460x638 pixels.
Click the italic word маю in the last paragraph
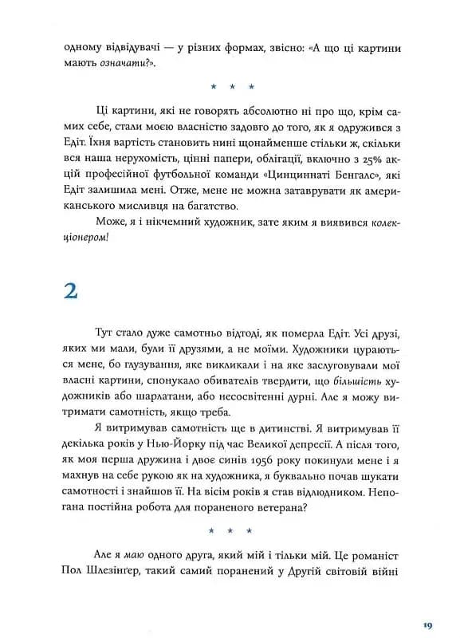131,554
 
